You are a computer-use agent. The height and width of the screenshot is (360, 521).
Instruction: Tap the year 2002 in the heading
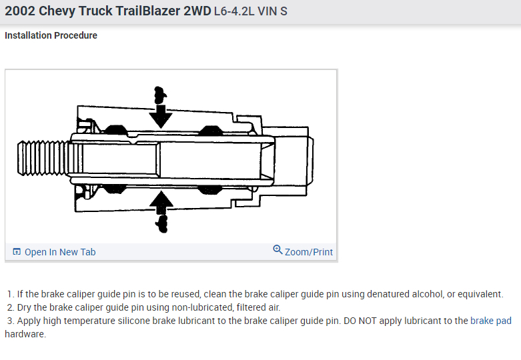pos(20,12)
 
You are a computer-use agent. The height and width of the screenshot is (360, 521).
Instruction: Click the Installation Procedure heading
pos(51,35)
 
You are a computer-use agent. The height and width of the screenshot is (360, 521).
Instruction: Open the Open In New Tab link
pos(60,252)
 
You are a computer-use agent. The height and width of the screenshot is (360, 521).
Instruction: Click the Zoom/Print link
pos(309,252)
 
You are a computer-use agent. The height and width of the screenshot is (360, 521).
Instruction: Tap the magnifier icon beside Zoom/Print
pos(278,250)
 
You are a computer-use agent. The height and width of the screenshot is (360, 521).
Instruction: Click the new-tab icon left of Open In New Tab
pos(17,252)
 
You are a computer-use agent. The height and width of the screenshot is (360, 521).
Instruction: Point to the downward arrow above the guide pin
pos(160,113)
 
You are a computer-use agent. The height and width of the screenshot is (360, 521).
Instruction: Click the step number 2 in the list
pos(10,307)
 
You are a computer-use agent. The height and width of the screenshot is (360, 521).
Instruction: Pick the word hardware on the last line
pos(24,334)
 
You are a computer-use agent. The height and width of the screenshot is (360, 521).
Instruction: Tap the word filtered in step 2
pos(245,307)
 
